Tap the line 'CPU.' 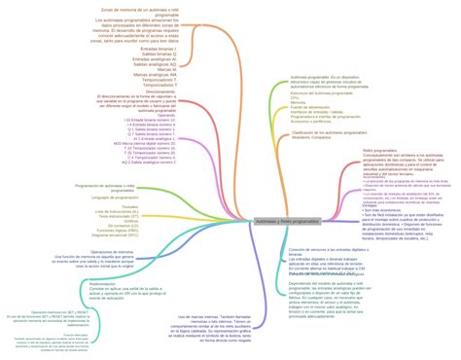pyautogui.click(x=296, y=98)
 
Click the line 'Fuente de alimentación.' pyautogui.click(x=312, y=108)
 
